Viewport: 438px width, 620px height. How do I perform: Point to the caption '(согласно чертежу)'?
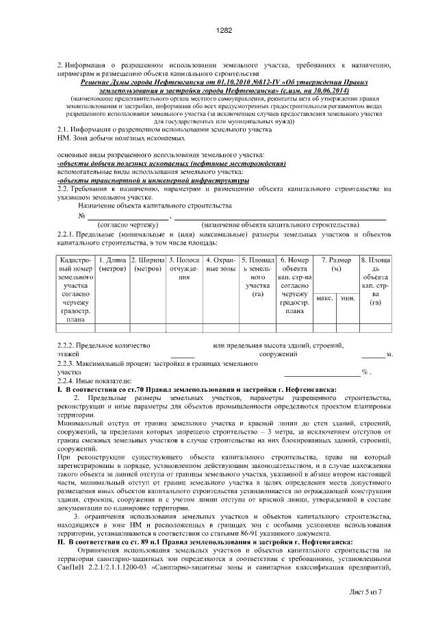click(128, 225)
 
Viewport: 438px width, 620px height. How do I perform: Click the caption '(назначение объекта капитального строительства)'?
click(280, 225)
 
